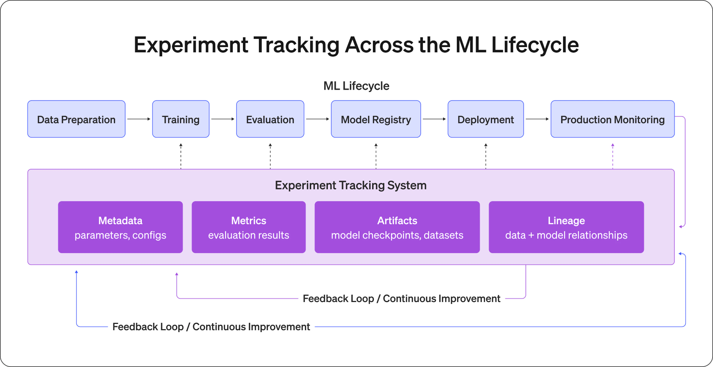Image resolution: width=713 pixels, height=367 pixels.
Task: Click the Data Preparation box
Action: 76,119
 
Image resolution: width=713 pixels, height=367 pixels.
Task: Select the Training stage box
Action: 181,119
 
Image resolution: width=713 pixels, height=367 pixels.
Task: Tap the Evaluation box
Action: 270,119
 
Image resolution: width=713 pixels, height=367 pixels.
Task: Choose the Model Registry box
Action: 376,119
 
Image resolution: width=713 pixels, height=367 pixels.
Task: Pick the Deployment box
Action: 486,119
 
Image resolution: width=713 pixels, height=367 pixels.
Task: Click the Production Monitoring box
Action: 613,119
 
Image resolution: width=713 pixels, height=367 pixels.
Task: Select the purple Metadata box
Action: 120,227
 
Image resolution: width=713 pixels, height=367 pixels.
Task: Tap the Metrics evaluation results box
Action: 249,227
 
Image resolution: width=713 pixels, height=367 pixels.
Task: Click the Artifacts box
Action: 397,227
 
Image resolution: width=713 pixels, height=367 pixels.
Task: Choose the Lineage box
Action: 566,227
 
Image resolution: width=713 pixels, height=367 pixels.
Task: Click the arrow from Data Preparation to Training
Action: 139,119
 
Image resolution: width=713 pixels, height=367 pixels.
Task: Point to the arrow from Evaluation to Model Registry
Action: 318,119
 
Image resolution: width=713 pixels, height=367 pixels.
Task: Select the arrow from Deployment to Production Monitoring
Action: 537,119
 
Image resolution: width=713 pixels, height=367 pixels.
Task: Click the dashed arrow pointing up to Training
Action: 181,156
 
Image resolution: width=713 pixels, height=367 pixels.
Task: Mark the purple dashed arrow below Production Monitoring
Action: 613,156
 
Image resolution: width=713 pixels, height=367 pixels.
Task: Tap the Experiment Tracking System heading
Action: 351,185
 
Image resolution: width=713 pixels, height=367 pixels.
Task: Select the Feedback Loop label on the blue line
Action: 211,327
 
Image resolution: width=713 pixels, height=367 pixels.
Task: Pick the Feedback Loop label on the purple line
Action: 401,298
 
